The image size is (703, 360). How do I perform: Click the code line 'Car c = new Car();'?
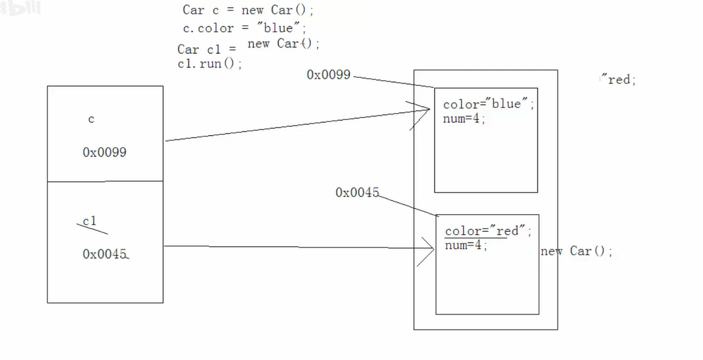[248, 9]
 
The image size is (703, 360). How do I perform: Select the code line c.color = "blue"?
[244, 28]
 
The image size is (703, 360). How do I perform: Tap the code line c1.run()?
[210, 64]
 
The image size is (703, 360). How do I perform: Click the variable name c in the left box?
[91, 119]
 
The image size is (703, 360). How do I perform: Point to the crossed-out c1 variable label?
[90, 221]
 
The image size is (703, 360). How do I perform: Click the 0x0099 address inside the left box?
[104, 152]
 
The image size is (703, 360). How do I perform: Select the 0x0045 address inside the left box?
[105, 254]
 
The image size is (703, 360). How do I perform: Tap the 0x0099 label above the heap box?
[328, 75]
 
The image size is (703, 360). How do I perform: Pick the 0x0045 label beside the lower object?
[357, 193]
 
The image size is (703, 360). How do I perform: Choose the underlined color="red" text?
[488, 231]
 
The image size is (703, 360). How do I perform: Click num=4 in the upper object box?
[464, 117]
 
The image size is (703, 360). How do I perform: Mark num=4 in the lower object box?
[466, 245]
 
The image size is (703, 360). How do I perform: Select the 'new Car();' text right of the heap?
[576, 251]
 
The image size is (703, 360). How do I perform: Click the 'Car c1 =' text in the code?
[207, 49]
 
